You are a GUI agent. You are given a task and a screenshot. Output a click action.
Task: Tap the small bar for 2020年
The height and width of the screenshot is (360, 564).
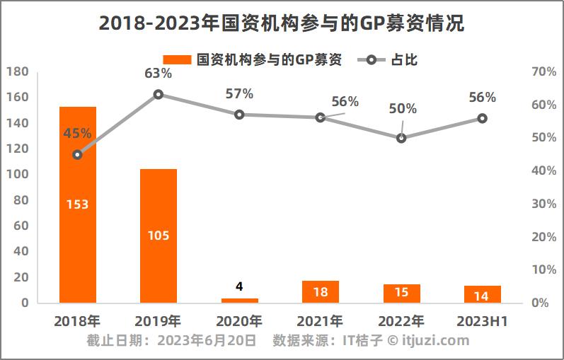point(239,300)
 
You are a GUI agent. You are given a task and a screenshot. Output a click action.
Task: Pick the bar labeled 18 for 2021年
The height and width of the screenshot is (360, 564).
point(320,291)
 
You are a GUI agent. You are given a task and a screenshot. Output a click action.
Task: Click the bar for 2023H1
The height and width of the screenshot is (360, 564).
point(482,294)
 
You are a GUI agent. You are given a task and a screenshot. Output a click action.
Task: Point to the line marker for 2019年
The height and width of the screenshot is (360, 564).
point(159,94)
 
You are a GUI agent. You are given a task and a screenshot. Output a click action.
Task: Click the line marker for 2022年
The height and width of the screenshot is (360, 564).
point(401,138)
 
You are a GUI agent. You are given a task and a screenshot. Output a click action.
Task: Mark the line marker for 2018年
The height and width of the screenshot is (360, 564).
point(78,154)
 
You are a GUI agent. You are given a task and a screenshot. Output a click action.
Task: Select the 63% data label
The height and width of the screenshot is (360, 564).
point(158,73)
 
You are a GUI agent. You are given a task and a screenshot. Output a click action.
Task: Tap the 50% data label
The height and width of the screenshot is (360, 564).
point(403,109)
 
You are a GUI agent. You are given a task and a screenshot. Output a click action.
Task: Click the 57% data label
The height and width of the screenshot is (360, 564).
point(239,93)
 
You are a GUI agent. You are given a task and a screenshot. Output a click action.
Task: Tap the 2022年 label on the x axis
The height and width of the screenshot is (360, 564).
point(401,320)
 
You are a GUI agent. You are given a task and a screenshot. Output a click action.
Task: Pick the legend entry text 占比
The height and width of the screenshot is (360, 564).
point(404,59)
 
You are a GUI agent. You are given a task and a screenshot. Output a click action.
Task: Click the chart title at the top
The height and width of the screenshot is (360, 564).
point(282,23)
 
